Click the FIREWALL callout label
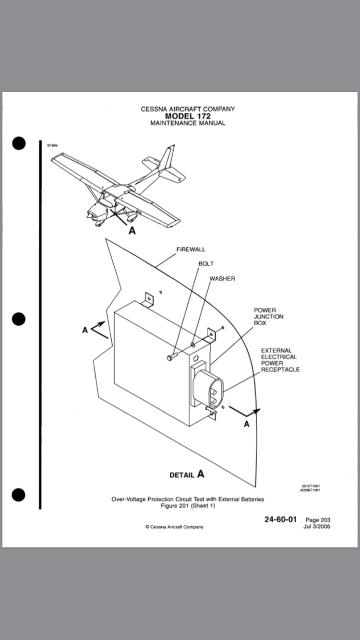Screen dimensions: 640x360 tap(191, 249)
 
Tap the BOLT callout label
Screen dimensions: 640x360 tap(206, 264)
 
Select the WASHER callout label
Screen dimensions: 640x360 tap(222, 279)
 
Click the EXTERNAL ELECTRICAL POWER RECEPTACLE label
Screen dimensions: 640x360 tap(280, 360)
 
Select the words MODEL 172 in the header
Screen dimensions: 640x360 tap(188, 116)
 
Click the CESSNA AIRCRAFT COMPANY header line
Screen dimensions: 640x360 tap(188, 109)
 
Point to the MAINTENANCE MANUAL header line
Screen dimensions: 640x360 tap(188, 123)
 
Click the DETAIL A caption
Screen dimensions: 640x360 tap(187, 474)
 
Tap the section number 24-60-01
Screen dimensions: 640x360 tap(281, 519)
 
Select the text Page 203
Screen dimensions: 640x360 tap(318, 520)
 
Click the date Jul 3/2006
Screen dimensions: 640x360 tap(317, 526)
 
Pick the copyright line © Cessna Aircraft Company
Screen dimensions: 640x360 tap(174, 527)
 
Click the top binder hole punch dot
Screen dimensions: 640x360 tap(19, 143)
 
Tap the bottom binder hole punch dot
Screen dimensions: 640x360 tap(19, 495)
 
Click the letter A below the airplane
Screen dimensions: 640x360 tap(132, 231)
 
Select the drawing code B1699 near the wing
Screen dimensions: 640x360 tap(52, 145)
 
